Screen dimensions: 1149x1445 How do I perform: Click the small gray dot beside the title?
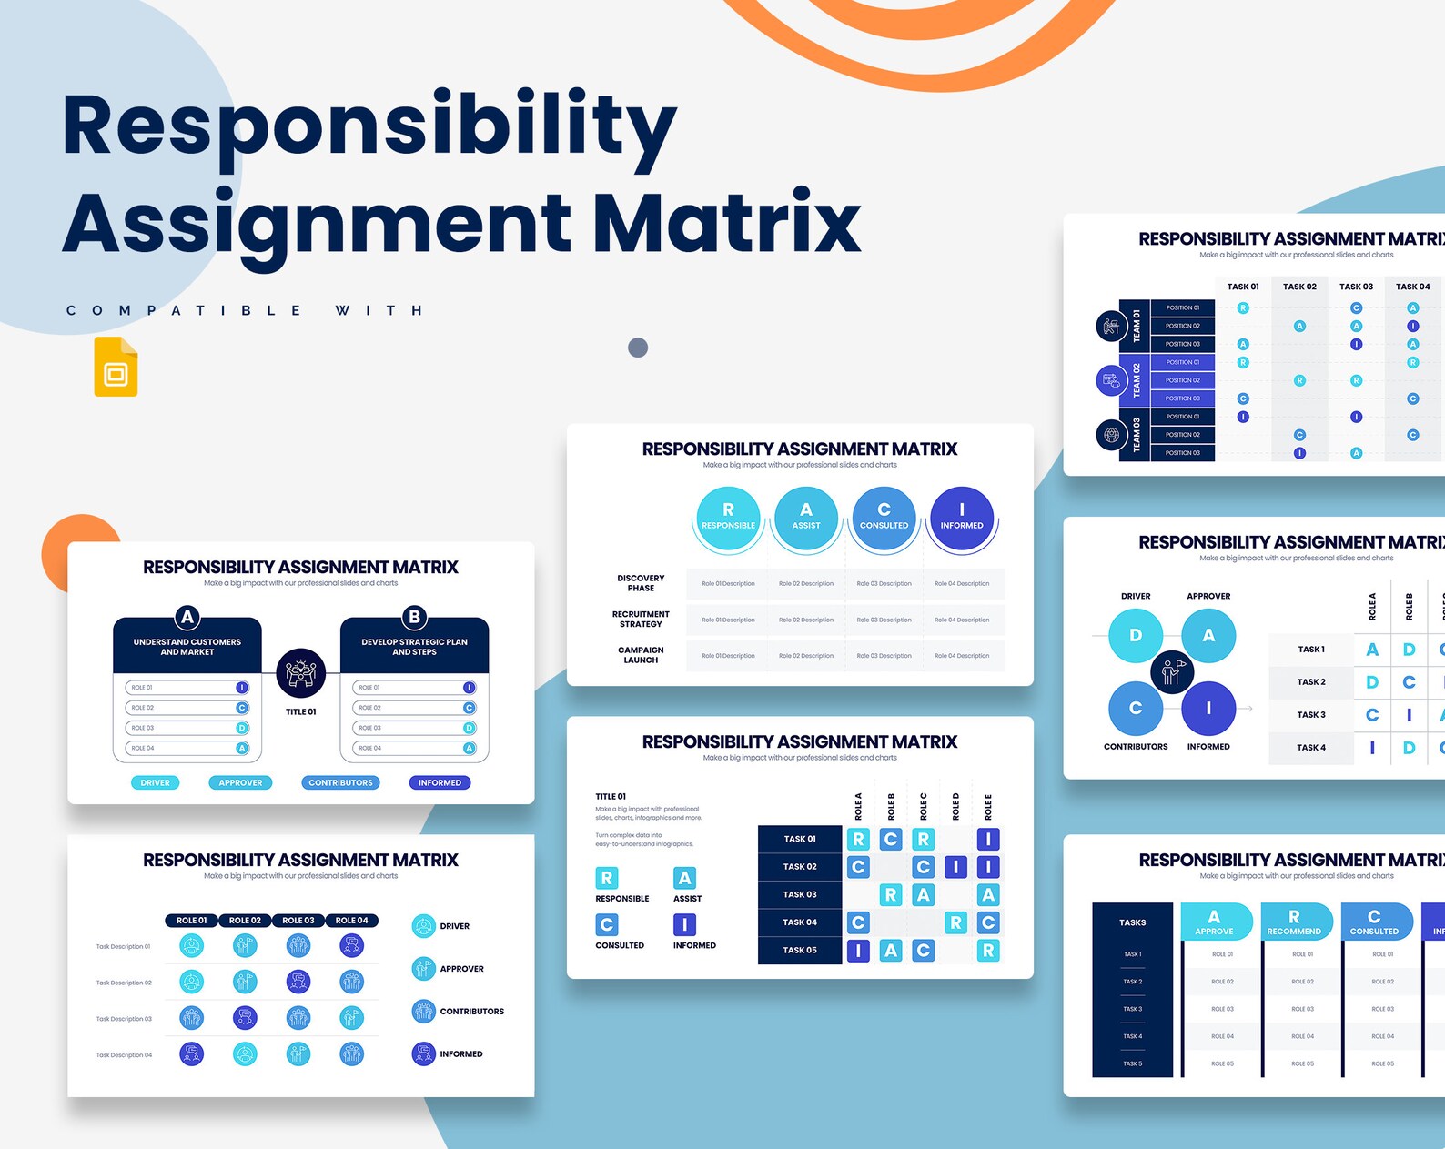point(638,348)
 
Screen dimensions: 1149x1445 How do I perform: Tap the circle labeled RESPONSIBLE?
point(728,517)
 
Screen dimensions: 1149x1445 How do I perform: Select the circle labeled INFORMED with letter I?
point(962,517)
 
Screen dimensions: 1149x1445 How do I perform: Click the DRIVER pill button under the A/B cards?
point(156,782)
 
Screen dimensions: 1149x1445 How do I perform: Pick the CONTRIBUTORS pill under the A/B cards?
point(340,782)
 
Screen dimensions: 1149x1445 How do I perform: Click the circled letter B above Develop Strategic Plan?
point(415,617)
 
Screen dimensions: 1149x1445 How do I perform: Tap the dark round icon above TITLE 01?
point(301,673)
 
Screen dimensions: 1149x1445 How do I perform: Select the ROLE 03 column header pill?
point(298,921)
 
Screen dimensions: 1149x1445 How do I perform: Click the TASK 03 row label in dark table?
point(800,894)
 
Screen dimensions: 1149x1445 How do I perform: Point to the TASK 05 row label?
point(800,950)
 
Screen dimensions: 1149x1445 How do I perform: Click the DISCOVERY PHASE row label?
point(641,583)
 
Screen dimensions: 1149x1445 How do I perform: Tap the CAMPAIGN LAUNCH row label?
point(641,655)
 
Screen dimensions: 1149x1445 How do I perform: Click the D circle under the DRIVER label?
point(1136,635)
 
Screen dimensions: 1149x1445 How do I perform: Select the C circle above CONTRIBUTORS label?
point(1136,708)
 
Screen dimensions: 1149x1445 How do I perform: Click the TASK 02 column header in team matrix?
point(1299,287)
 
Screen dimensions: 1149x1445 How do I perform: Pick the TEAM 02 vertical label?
point(1136,380)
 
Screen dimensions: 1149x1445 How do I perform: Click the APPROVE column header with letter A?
point(1214,922)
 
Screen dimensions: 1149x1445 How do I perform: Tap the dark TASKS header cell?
point(1132,922)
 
